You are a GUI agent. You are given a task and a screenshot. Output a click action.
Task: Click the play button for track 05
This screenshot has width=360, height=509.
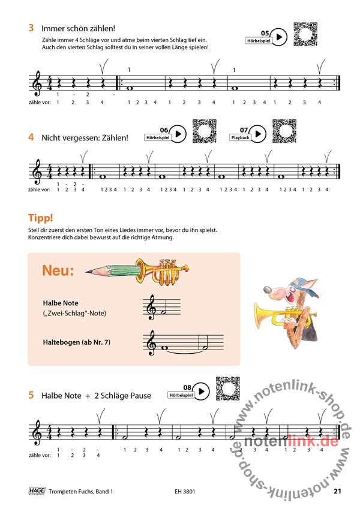click(x=279, y=37)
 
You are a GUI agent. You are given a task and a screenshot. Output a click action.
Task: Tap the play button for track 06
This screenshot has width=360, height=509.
click(x=178, y=134)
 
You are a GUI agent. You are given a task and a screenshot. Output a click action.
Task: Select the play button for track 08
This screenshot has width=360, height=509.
click(x=202, y=391)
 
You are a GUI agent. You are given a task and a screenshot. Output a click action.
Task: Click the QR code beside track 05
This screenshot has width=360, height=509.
click(x=305, y=34)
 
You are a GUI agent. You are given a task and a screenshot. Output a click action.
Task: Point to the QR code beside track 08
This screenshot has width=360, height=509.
click(x=228, y=388)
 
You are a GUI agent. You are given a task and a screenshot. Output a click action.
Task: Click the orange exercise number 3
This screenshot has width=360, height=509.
click(x=31, y=28)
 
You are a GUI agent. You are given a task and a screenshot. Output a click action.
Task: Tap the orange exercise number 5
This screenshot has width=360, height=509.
click(x=31, y=395)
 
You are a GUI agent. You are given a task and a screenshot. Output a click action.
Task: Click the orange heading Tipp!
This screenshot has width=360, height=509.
click(x=41, y=218)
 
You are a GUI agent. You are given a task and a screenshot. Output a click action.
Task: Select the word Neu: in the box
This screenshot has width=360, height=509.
click(x=58, y=270)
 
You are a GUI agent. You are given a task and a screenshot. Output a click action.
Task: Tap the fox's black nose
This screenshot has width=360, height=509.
click(x=267, y=289)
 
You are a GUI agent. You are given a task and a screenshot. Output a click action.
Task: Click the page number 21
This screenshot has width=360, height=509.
click(x=337, y=491)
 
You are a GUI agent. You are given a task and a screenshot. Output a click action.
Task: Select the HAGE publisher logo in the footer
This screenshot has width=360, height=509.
click(x=37, y=490)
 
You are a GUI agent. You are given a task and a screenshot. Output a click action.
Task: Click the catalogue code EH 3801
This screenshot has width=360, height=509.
click(x=185, y=492)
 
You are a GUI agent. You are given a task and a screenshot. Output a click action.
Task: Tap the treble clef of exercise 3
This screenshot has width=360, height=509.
click(x=37, y=83)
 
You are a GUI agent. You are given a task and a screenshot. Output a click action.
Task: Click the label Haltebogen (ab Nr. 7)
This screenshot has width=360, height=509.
click(x=77, y=342)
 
